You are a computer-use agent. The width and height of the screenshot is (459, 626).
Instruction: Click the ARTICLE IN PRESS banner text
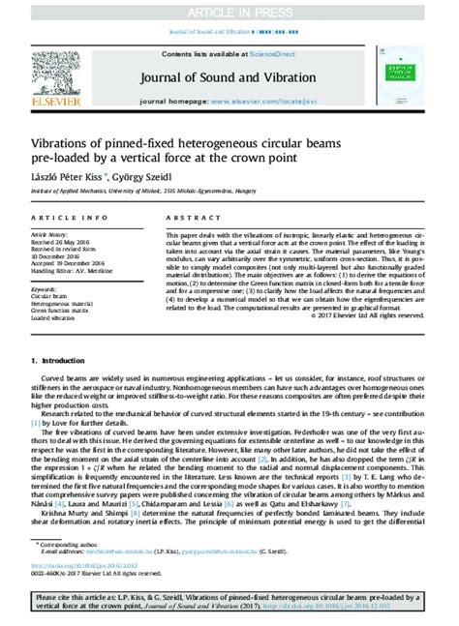pyautogui.click(x=229, y=11)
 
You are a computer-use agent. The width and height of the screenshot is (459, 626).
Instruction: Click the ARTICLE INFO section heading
pyautogui.click(x=61, y=219)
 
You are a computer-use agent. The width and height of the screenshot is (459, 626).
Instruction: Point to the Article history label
pyautogui.click(x=51, y=234)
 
